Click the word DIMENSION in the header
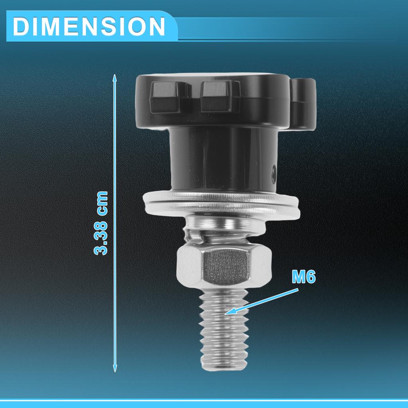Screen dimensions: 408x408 click(x=89, y=27)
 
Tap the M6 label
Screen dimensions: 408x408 click(x=304, y=277)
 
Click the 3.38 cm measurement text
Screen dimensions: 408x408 click(x=101, y=223)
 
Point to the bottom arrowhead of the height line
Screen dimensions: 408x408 click(x=115, y=369)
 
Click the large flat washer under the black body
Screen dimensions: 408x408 click(x=221, y=203)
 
